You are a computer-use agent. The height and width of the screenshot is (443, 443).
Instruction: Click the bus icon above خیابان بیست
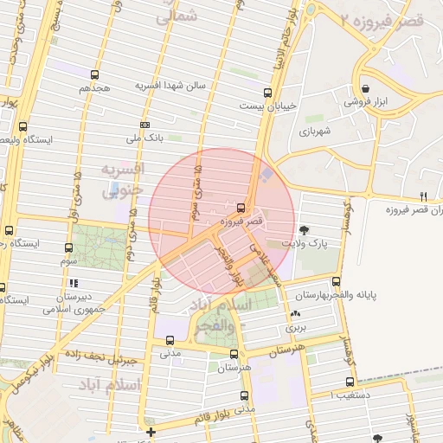(x=267, y=93)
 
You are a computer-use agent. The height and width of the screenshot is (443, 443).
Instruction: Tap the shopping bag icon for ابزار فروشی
(x=366, y=89)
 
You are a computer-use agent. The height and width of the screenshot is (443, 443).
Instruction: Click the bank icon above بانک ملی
(x=144, y=125)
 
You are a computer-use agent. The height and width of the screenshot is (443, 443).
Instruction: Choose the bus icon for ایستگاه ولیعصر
(x=22, y=126)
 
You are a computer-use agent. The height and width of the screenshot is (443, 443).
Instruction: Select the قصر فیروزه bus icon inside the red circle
(x=241, y=208)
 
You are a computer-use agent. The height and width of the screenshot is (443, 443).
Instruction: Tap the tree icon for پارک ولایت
(x=304, y=230)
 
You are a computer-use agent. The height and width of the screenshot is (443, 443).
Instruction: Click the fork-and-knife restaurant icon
(x=423, y=196)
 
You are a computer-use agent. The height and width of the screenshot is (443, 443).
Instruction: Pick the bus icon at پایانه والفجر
(x=336, y=281)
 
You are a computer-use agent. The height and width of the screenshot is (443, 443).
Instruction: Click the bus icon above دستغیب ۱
(x=350, y=382)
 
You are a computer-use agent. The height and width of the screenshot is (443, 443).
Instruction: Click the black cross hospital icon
(x=151, y=430)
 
